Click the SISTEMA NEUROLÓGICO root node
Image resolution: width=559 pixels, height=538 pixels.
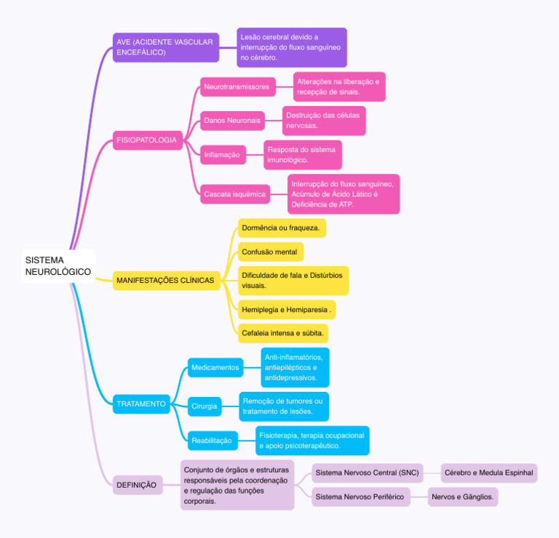click(58, 266)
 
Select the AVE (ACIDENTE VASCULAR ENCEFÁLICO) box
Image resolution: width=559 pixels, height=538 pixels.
click(164, 47)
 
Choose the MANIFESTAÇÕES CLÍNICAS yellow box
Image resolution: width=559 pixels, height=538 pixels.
click(166, 281)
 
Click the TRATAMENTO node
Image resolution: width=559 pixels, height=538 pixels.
click(141, 403)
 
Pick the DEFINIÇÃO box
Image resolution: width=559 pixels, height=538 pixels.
click(136, 485)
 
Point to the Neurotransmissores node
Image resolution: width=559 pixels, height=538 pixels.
click(237, 87)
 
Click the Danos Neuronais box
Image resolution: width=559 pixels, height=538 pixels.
click(232, 121)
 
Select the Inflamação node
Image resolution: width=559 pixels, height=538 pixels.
click(222, 155)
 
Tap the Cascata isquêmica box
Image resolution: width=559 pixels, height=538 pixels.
click(235, 194)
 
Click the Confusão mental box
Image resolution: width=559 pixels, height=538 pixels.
click(270, 252)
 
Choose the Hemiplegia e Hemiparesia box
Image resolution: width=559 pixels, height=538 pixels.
click(287, 310)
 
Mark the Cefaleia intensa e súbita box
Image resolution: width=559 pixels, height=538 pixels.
click(282, 333)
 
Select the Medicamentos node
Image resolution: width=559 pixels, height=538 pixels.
click(215, 368)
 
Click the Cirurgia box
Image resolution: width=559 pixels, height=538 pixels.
click(205, 406)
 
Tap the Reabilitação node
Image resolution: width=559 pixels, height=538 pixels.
click(212, 441)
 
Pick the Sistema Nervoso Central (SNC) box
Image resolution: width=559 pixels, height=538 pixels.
click(367, 473)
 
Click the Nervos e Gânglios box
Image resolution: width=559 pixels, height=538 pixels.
click(463, 497)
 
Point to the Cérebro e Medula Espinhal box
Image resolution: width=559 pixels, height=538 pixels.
click(489, 473)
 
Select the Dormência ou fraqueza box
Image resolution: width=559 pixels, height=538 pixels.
click(281, 228)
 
